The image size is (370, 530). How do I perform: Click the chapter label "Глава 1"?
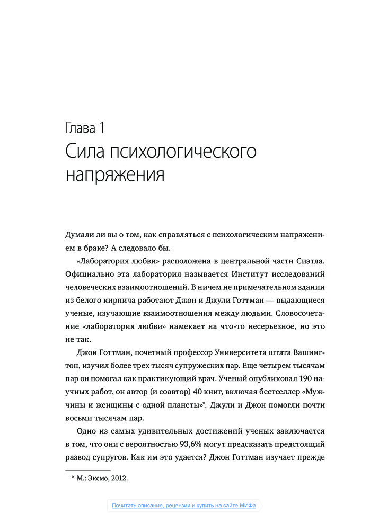pyautogui.click(x=87, y=127)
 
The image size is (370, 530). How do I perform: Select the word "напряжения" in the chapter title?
pyautogui.click(x=115, y=174)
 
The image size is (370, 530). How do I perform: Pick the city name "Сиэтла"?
pyautogui.click(x=306, y=261)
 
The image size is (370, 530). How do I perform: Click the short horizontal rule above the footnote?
pyautogui.click(x=87, y=470)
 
